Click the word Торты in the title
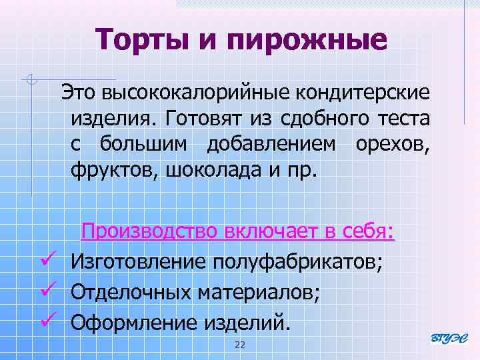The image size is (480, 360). [x=141, y=39]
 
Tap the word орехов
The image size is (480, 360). [x=393, y=144]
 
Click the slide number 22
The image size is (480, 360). [x=241, y=344]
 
